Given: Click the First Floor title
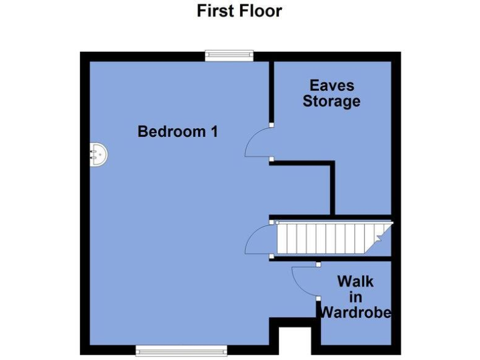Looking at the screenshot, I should point(239,11).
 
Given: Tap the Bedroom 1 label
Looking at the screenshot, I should point(177,132).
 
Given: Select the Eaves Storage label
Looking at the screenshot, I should point(331,93).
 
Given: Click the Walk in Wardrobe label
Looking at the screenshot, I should point(355,297).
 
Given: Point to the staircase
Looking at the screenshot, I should point(331,238).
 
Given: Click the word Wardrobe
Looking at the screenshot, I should point(355,312).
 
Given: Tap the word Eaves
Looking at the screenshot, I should point(332,85).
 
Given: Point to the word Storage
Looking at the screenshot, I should point(331,101).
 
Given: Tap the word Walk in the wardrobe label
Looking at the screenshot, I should point(355,281).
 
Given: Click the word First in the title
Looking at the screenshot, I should point(216,11).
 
